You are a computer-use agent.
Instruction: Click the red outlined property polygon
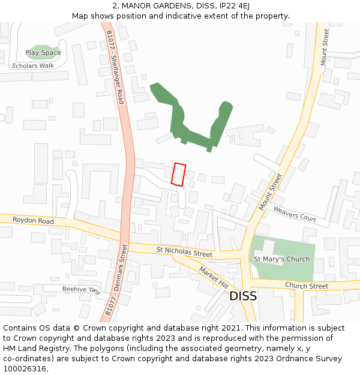pyautogui.click(x=178, y=175)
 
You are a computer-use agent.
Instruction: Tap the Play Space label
pyautogui.click(x=43, y=53)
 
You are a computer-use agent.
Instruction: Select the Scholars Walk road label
pyautogui.click(x=33, y=65)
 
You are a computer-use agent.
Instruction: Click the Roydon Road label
pyautogui.click(x=33, y=221)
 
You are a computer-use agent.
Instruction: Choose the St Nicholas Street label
pyautogui.click(x=184, y=251)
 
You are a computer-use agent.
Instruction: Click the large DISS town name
pyautogui.click(x=243, y=296)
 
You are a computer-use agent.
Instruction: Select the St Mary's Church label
pyautogui.click(x=281, y=259)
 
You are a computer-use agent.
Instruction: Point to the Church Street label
pyautogui.click(x=307, y=286)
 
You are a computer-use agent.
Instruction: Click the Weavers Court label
pyautogui.click(x=295, y=214)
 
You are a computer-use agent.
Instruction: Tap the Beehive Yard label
pyautogui.click(x=80, y=289)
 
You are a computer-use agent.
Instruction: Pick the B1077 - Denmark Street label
pyautogui.click(x=117, y=280)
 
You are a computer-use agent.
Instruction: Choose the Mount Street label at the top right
pyautogui.click(x=325, y=47)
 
